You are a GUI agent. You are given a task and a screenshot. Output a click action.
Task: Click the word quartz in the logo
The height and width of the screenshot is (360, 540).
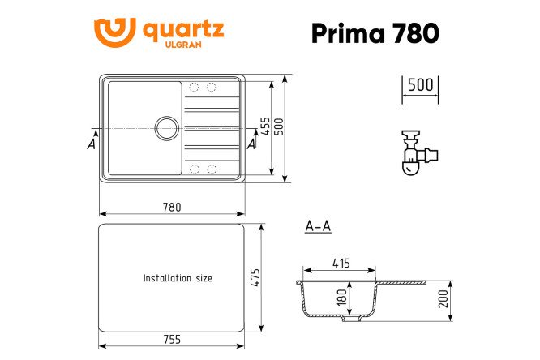[x=183, y=30]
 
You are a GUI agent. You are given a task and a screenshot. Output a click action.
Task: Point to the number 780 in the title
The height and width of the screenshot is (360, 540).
[x=415, y=33]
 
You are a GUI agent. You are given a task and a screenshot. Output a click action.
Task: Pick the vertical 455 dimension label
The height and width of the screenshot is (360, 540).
[x=265, y=128]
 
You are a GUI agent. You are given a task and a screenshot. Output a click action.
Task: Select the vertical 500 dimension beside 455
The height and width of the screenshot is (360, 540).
[x=280, y=128]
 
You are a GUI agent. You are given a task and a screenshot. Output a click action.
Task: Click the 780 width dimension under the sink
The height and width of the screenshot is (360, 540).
[x=171, y=207]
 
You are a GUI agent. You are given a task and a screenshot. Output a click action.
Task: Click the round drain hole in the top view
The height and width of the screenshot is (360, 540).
[x=167, y=127]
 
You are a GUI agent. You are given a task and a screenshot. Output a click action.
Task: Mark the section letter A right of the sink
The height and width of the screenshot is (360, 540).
[x=251, y=144]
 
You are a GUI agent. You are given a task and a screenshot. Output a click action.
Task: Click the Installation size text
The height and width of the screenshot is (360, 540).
[x=178, y=278]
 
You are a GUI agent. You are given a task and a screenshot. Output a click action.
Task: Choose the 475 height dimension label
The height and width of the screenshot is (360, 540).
[x=254, y=276]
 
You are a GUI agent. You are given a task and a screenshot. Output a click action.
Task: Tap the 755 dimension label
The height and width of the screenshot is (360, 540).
[x=171, y=339]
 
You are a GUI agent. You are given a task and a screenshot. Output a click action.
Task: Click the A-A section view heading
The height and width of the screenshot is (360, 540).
[x=317, y=227]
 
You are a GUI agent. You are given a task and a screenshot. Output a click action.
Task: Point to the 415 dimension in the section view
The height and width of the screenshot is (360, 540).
[x=341, y=263]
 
